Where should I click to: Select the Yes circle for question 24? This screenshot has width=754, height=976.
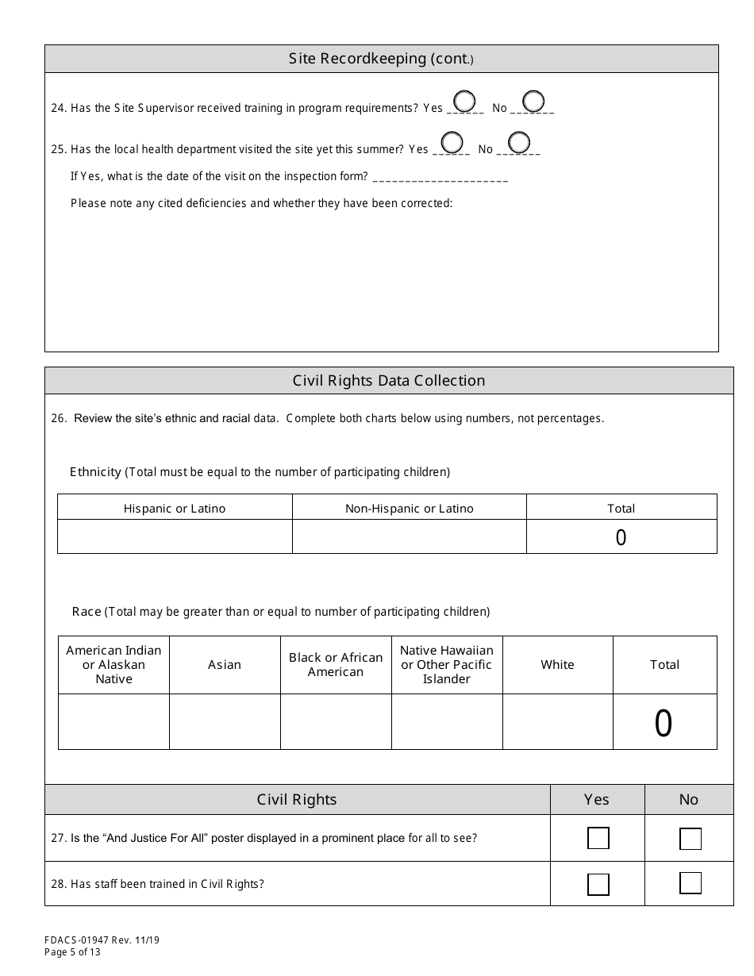[464, 102]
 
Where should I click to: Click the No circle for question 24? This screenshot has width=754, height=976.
[533, 102]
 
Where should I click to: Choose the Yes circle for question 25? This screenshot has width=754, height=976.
[451, 143]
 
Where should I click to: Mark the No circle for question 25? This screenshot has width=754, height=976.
[519, 143]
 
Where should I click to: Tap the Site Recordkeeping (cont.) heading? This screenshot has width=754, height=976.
[381, 60]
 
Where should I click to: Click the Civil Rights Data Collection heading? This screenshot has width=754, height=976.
[389, 381]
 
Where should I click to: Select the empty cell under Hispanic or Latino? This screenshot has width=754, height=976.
[175, 536]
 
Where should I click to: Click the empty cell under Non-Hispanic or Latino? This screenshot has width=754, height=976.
[409, 536]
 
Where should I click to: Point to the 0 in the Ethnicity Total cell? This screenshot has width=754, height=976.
[621, 538]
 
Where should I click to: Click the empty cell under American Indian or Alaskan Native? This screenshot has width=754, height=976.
[113, 721]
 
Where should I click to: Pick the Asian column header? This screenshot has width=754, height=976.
[225, 665]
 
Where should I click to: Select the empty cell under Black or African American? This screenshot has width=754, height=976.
[336, 721]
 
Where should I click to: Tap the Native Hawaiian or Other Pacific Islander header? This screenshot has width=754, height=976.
[447, 665]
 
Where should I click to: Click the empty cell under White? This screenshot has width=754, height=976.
[557, 721]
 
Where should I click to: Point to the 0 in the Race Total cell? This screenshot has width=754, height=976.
[664, 724]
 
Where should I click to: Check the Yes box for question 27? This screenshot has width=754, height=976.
[598, 838]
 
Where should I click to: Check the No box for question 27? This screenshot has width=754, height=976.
[690, 839]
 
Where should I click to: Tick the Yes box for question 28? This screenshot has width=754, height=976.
[598, 884]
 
